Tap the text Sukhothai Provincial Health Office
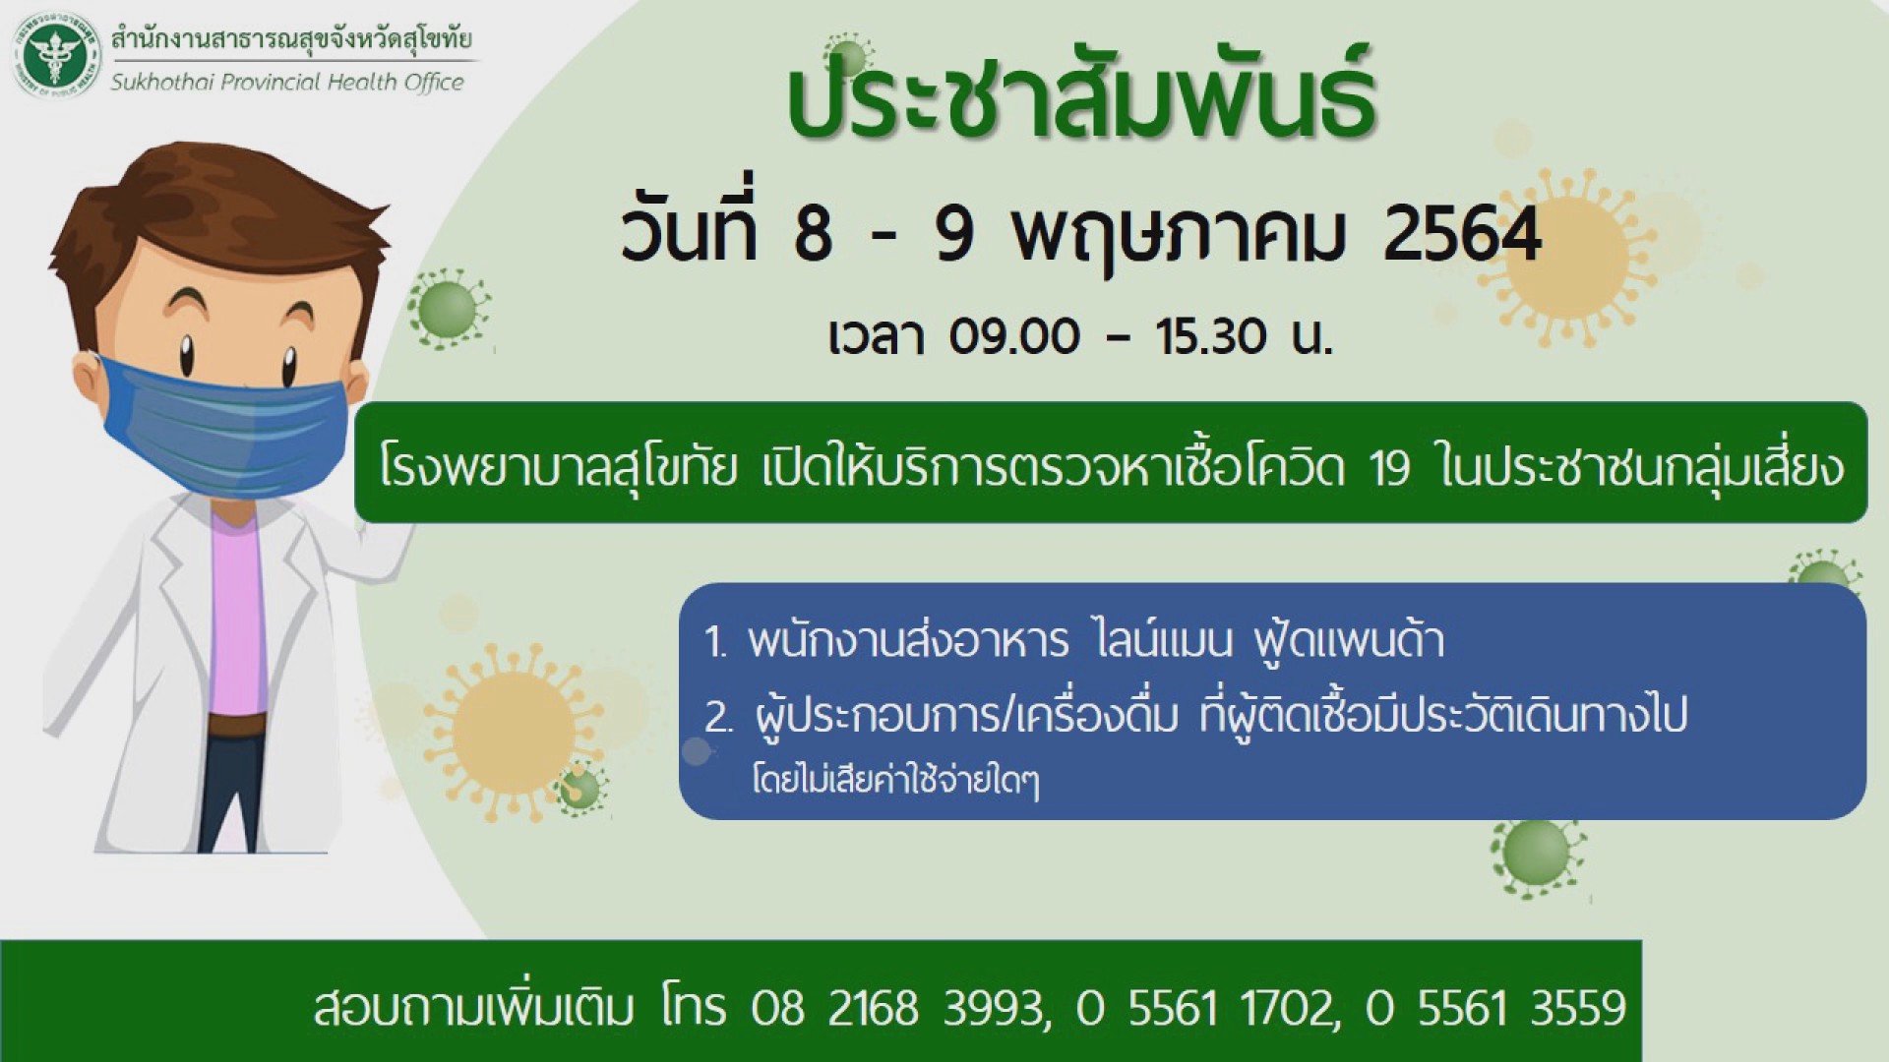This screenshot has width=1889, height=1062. click(x=287, y=82)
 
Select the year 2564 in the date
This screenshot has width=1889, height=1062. click(x=1462, y=237)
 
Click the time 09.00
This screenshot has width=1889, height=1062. click(x=1014, y=337)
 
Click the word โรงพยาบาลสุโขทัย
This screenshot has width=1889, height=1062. click(x=558, y=468)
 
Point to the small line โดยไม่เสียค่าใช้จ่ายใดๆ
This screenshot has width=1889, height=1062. click(x=895, y=782)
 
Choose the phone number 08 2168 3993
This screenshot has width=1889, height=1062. click(x=895, y=1008)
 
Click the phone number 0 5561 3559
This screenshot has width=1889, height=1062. click(x=1495, y=1008)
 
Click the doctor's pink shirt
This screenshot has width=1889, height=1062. click(x=236, y=619)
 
